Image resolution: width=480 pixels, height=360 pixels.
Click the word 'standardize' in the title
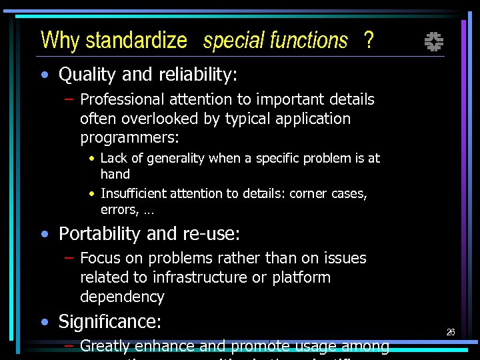coord(136,41)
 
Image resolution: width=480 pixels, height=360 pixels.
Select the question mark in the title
coord(369,41)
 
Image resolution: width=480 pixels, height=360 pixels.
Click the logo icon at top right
coord(434,43)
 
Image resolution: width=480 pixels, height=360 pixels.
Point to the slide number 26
coord(451,332)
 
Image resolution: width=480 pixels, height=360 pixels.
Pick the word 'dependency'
coord(122,297)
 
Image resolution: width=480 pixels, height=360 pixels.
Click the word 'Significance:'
coord(110,322)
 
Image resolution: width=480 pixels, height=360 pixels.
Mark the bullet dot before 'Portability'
coord(44,235)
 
